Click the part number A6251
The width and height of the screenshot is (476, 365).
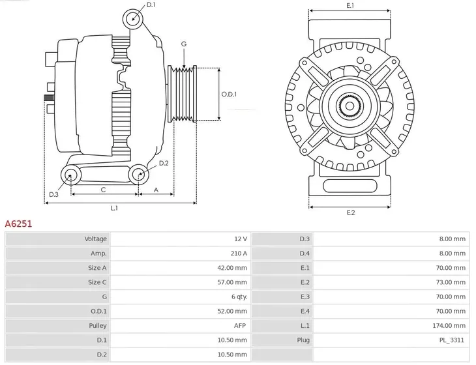pos(19,223)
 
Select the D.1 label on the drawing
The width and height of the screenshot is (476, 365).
pos(151,5)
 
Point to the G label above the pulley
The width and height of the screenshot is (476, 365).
pos(184,44)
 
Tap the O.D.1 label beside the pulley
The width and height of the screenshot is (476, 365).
pos(229,94)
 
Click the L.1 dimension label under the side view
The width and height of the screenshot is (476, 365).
pos(114,208)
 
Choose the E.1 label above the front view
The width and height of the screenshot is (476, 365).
pos(350,6)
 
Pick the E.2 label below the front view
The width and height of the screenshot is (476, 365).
pos(350,213)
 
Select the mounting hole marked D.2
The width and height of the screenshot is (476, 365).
pos(138,174)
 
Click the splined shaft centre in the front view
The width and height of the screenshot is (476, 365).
pos(350,105)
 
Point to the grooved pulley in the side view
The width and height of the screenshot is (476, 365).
pos(183,94)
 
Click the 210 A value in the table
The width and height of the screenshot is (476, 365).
pos(239,253)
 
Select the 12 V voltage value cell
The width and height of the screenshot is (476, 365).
pos(241,239)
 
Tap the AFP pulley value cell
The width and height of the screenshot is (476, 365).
pos(240,325)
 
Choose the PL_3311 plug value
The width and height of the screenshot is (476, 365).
pos(453,339)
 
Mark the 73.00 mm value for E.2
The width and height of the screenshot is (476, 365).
pos(452,282)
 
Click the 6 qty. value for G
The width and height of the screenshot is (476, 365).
pos(237,296)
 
